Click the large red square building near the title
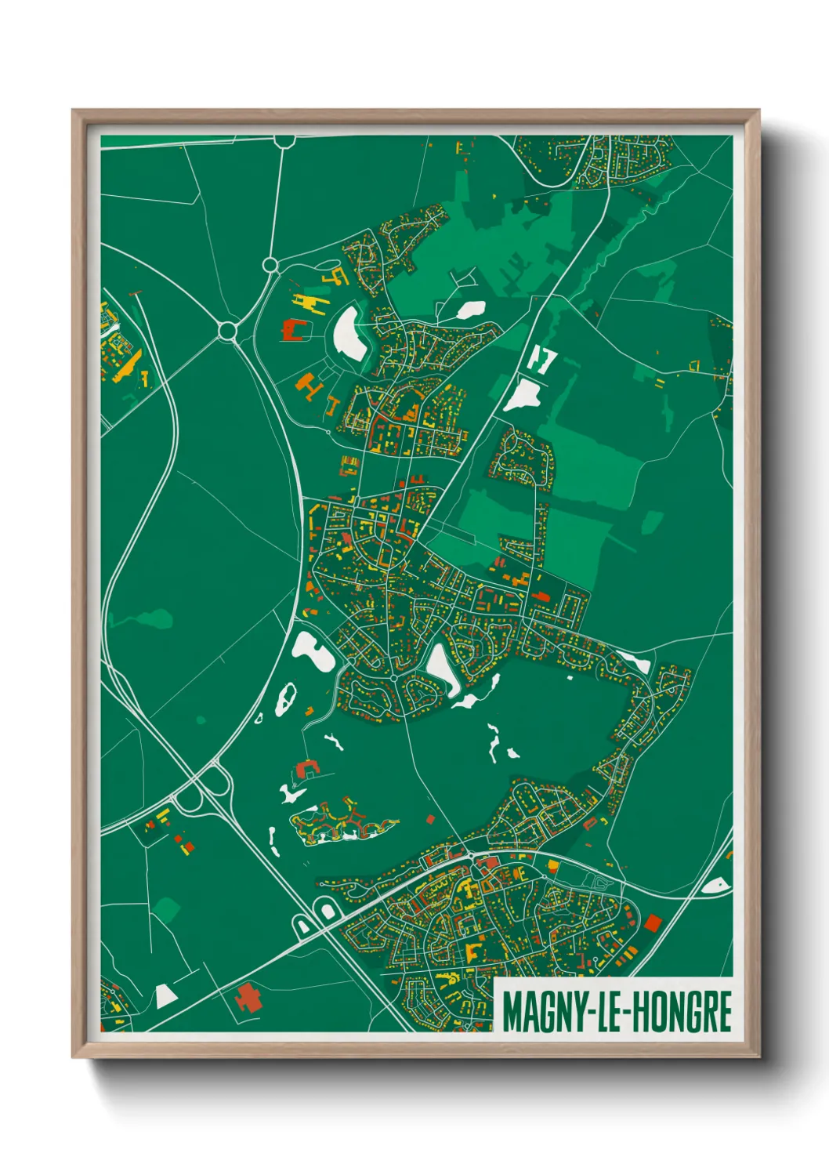pos(652,922)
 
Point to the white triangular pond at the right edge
pos(715,886)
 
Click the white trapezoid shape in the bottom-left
pos(165,996)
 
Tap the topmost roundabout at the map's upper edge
pos(284,140)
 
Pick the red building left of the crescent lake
pos(293,329)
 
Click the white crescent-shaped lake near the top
pos(348,333)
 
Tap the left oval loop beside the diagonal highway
pos(302,926)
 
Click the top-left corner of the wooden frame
pos(74,111)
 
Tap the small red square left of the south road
pos(429,820)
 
